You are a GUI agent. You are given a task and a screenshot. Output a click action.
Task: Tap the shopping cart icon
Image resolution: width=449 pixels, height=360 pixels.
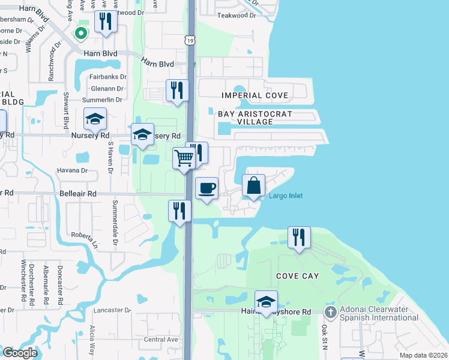click(x=184, y=158)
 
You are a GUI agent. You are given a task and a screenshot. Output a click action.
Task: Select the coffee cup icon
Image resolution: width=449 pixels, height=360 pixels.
click(x=206, y=188)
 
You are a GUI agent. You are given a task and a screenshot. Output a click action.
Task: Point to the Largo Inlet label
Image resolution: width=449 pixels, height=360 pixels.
click(x=286, y=196)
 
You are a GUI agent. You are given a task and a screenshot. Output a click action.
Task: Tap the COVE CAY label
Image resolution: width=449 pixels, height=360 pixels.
click(x=297, y=275)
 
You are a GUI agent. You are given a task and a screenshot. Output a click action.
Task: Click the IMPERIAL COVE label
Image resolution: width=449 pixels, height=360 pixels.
click(x=255, y=95)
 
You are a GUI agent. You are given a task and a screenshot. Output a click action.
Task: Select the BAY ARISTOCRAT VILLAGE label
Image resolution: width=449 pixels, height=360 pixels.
click(x=255, y=117)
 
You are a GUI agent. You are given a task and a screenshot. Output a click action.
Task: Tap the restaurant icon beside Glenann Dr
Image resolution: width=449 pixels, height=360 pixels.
click(x=177, y=91)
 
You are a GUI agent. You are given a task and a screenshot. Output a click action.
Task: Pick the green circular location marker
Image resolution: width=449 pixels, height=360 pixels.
click(x=80, y=34)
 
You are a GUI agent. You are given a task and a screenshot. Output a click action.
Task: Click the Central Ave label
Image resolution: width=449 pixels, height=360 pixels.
click(x=161, y=340)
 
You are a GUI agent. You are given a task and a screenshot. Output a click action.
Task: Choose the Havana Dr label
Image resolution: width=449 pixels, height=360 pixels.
click(x=72, y=170)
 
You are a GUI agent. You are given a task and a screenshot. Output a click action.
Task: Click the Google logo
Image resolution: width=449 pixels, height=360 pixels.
click(x=20, y=353)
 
